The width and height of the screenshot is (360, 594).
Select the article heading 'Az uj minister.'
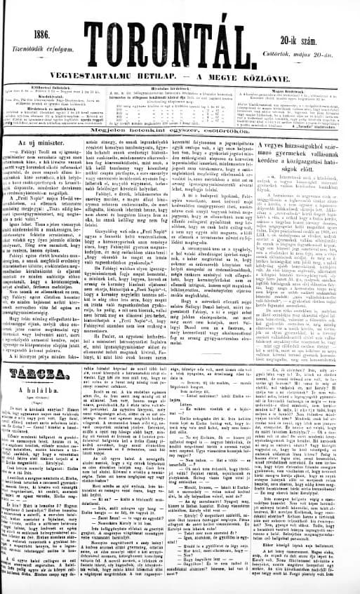(52, 163)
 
